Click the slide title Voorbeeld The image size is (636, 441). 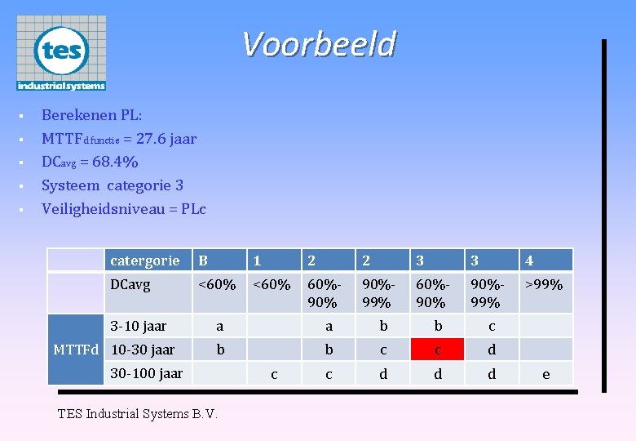[319, 44]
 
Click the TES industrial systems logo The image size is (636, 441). [61, 53]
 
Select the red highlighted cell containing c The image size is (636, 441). [438, 350]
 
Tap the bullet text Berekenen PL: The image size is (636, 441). [91, 115]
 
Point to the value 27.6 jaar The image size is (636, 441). [166, 139]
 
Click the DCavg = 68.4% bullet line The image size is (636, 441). [90, 162]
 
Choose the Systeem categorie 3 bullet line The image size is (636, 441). [112, 185]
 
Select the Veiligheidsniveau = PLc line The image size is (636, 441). [123, 209]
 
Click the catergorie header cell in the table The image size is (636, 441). [145, 261]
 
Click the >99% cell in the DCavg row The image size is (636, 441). [544, 285]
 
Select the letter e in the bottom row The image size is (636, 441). [545, 374]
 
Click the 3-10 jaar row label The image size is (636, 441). [139, 326]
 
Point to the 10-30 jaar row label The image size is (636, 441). [143, 350]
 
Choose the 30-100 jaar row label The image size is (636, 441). [147, 373]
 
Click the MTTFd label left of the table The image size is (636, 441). [76, 350]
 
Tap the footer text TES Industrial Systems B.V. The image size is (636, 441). [138, 413]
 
